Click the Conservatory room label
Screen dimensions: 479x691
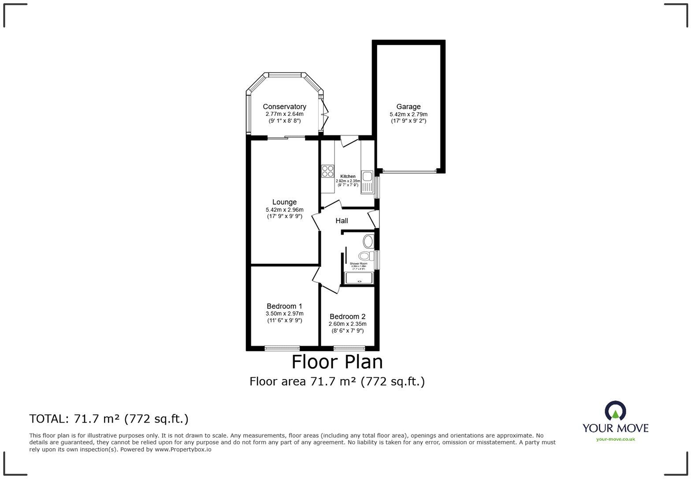point(284,107)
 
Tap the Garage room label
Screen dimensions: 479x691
point(408,107)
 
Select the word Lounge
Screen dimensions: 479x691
point(284,202)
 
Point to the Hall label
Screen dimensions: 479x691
point(342,221)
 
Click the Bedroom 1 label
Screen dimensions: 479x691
point(284,306)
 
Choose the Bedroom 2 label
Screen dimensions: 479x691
point(347,316)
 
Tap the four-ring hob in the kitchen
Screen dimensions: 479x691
point(327,170)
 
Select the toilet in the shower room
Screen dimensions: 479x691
point(365,255)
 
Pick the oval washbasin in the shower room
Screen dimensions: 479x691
point(368,241)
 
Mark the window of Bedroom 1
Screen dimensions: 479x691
point(282,348)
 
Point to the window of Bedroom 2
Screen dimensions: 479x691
point(349,348)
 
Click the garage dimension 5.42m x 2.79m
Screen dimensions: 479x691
point(408,114)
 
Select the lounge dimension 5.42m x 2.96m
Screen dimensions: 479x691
point(284,210)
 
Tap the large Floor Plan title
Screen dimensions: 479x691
point(337,362)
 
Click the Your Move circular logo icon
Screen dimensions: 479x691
point(615,411)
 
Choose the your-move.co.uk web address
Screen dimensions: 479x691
point(615,439)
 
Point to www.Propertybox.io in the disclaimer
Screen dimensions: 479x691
point(182,450)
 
